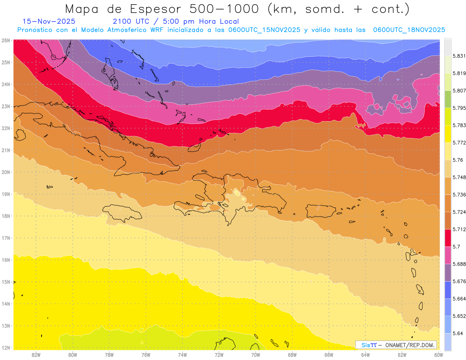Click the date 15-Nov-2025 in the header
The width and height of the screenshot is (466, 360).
click(x=49, y=21)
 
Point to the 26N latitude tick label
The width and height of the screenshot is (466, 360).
click(x=6, y=40)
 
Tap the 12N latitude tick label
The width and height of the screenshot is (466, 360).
click(x=6, y=348)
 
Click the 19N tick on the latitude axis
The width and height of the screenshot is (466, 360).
click(x=6, y=194)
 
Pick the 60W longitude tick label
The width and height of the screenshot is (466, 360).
click(x=439, y=355)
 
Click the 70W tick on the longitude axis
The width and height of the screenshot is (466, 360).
click(x=256, y=355)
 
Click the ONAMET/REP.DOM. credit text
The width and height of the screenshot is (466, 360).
click(x=410, y=345)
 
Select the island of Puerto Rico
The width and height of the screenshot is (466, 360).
click(x=320, y=211)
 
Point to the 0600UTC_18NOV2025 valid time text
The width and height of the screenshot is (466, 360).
click(x=409, y=30)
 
